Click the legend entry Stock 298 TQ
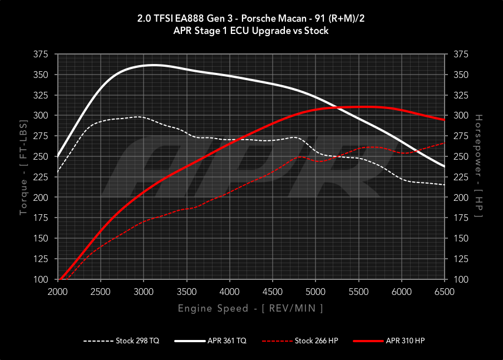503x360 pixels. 137,341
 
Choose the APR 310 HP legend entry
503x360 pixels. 406,341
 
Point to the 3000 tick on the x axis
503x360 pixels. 144,292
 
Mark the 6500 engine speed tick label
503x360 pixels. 445,292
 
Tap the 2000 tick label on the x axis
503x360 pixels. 58,292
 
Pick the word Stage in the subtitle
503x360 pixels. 215,31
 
